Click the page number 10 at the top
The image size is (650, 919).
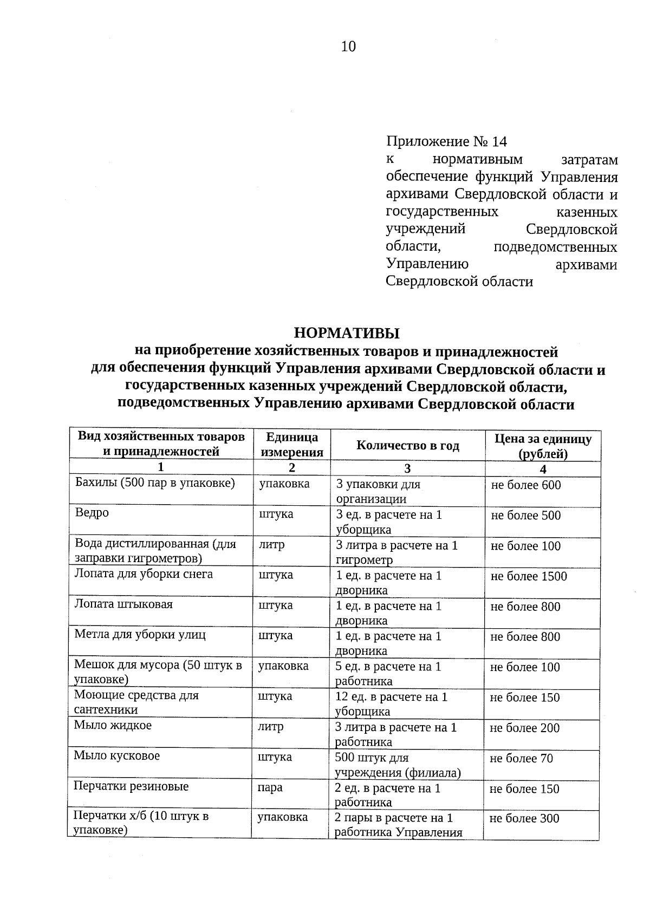(348, 47)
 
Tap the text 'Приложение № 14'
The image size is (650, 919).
(447, 142)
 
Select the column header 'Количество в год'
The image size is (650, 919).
(407, 446)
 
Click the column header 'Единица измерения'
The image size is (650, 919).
(292, 445)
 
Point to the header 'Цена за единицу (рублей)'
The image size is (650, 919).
(543, 446)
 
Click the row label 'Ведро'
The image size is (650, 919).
(92, 513)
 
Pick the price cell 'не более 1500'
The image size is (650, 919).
(529, 576)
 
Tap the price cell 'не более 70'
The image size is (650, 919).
(522, 759)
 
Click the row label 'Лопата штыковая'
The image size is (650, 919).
(123, 604)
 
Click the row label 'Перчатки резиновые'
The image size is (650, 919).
(131, 786)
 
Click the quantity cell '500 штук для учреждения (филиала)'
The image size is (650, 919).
(398, 765)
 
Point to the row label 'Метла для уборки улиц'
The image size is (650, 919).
(140, 635)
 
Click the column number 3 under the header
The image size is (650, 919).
(407, 469)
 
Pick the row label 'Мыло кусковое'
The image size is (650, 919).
(117, 756)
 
